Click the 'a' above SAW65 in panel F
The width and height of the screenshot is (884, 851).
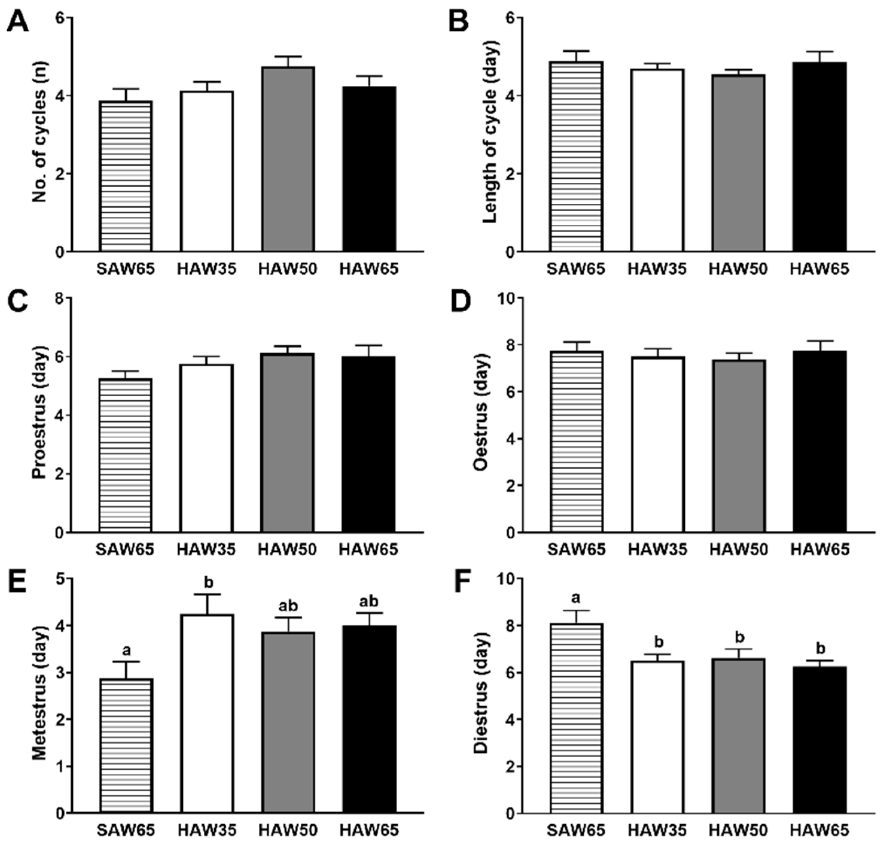pyautogui.click(x=576, y=598)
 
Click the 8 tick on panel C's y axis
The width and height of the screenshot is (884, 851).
pyautogui.click(x=59, y=298)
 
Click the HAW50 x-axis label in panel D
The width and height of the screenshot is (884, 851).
pyautogui.click(x=738, y=550)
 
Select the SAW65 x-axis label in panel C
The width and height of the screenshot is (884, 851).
pyautogui.click(x=125, y=550)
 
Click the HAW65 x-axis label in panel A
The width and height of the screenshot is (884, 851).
pyautogui.click(x=369, y=269)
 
